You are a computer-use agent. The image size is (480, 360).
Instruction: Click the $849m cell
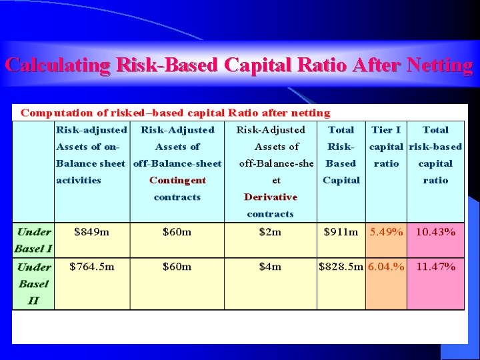91,232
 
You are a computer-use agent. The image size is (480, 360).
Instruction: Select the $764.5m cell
92,267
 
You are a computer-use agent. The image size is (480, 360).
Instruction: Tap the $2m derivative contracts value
270,232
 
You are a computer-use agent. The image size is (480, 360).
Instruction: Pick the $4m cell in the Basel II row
270,267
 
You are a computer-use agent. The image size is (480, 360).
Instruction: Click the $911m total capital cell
341,232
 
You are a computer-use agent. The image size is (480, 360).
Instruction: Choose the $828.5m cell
341,267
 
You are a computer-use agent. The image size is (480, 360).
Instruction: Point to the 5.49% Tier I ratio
387,232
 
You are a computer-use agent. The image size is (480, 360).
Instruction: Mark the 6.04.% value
387,267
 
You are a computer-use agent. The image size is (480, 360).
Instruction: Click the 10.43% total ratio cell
435,232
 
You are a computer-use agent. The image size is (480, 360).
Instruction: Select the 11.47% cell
435,267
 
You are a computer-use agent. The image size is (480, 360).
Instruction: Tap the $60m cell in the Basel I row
177,232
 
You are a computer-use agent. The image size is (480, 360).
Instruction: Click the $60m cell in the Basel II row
177,267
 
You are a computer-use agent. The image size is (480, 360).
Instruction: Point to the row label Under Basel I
33,240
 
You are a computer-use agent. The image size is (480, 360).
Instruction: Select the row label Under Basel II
33,283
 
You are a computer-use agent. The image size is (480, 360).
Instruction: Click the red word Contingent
177,180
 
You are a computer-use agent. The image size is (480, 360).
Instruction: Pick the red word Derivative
271,197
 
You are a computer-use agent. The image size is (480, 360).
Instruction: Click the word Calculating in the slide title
57,65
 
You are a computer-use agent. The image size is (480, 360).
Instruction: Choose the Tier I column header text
386,130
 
